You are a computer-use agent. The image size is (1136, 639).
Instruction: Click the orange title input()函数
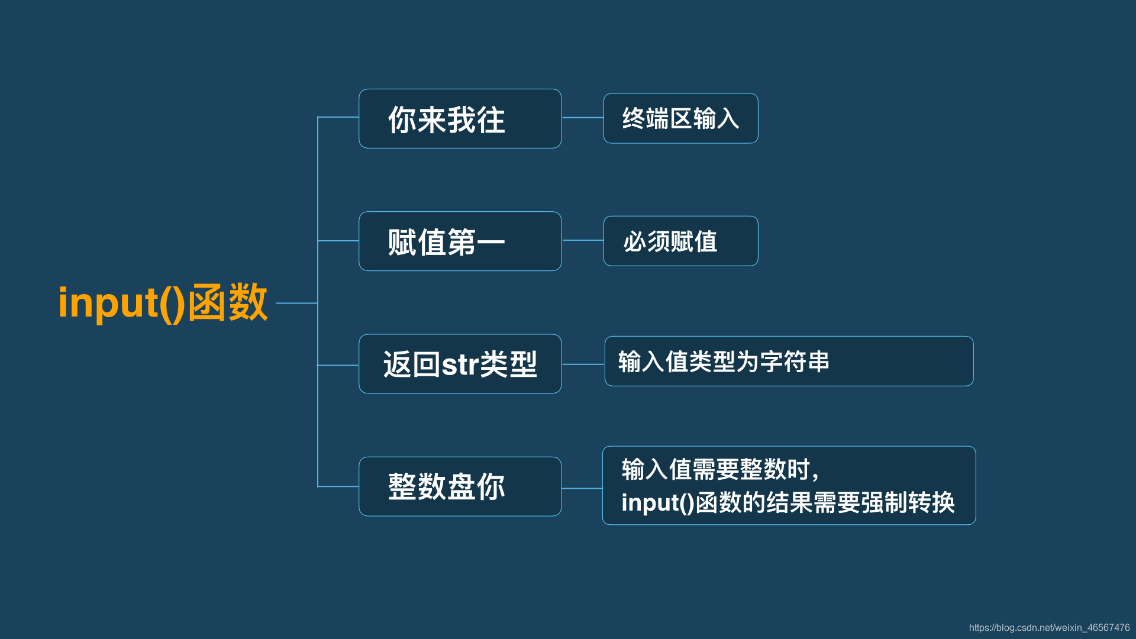point(163,303)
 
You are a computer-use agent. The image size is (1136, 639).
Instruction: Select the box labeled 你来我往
point(460,119)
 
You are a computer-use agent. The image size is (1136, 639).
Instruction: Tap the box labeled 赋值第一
point(460,241)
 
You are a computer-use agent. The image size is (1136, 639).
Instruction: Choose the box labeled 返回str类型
point(460,364)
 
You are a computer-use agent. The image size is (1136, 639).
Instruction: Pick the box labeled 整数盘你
point(460,486)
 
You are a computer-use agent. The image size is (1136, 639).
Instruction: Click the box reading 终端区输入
point(680,118)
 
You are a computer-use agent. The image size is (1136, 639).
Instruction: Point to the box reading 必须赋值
point(680,241)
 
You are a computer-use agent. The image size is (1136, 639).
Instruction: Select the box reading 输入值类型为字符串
point(789,362)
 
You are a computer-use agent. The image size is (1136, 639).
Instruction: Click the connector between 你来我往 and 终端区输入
point(582,118)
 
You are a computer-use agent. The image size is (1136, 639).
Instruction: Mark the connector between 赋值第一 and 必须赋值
point(582,240)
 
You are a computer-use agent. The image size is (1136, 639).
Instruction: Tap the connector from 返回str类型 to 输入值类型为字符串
point(583,364)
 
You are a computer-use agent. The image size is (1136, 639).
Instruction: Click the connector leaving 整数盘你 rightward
point(582,489)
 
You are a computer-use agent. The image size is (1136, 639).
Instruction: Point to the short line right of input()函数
point(296,303)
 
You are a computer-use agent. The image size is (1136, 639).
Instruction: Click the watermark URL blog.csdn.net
point(1049,628)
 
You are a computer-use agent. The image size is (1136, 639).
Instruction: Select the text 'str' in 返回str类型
point(460,364)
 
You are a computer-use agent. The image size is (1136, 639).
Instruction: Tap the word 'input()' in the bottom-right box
point(657,503)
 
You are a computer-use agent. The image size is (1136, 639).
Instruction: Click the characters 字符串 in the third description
point(795,362)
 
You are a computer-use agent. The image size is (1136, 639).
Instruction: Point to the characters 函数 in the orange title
point(228,302)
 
